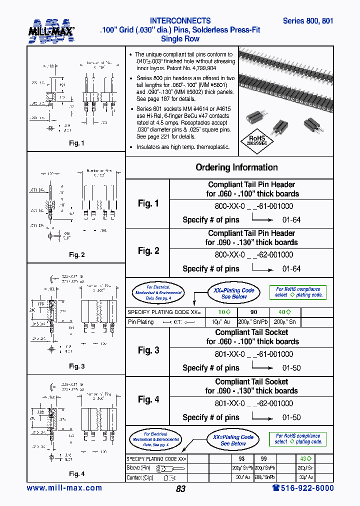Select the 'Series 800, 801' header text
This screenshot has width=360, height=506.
[307, 21]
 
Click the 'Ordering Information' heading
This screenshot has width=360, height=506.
[236, 167]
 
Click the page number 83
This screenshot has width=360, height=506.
[180, 489]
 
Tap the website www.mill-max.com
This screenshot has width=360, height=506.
[64, 488]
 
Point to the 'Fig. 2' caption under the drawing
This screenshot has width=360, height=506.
[76, 255]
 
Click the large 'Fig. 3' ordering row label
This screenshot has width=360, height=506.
[148, 350]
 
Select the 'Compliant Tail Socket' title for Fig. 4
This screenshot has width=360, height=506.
[251, 381]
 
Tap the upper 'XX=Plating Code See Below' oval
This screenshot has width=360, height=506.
[233, 293]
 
